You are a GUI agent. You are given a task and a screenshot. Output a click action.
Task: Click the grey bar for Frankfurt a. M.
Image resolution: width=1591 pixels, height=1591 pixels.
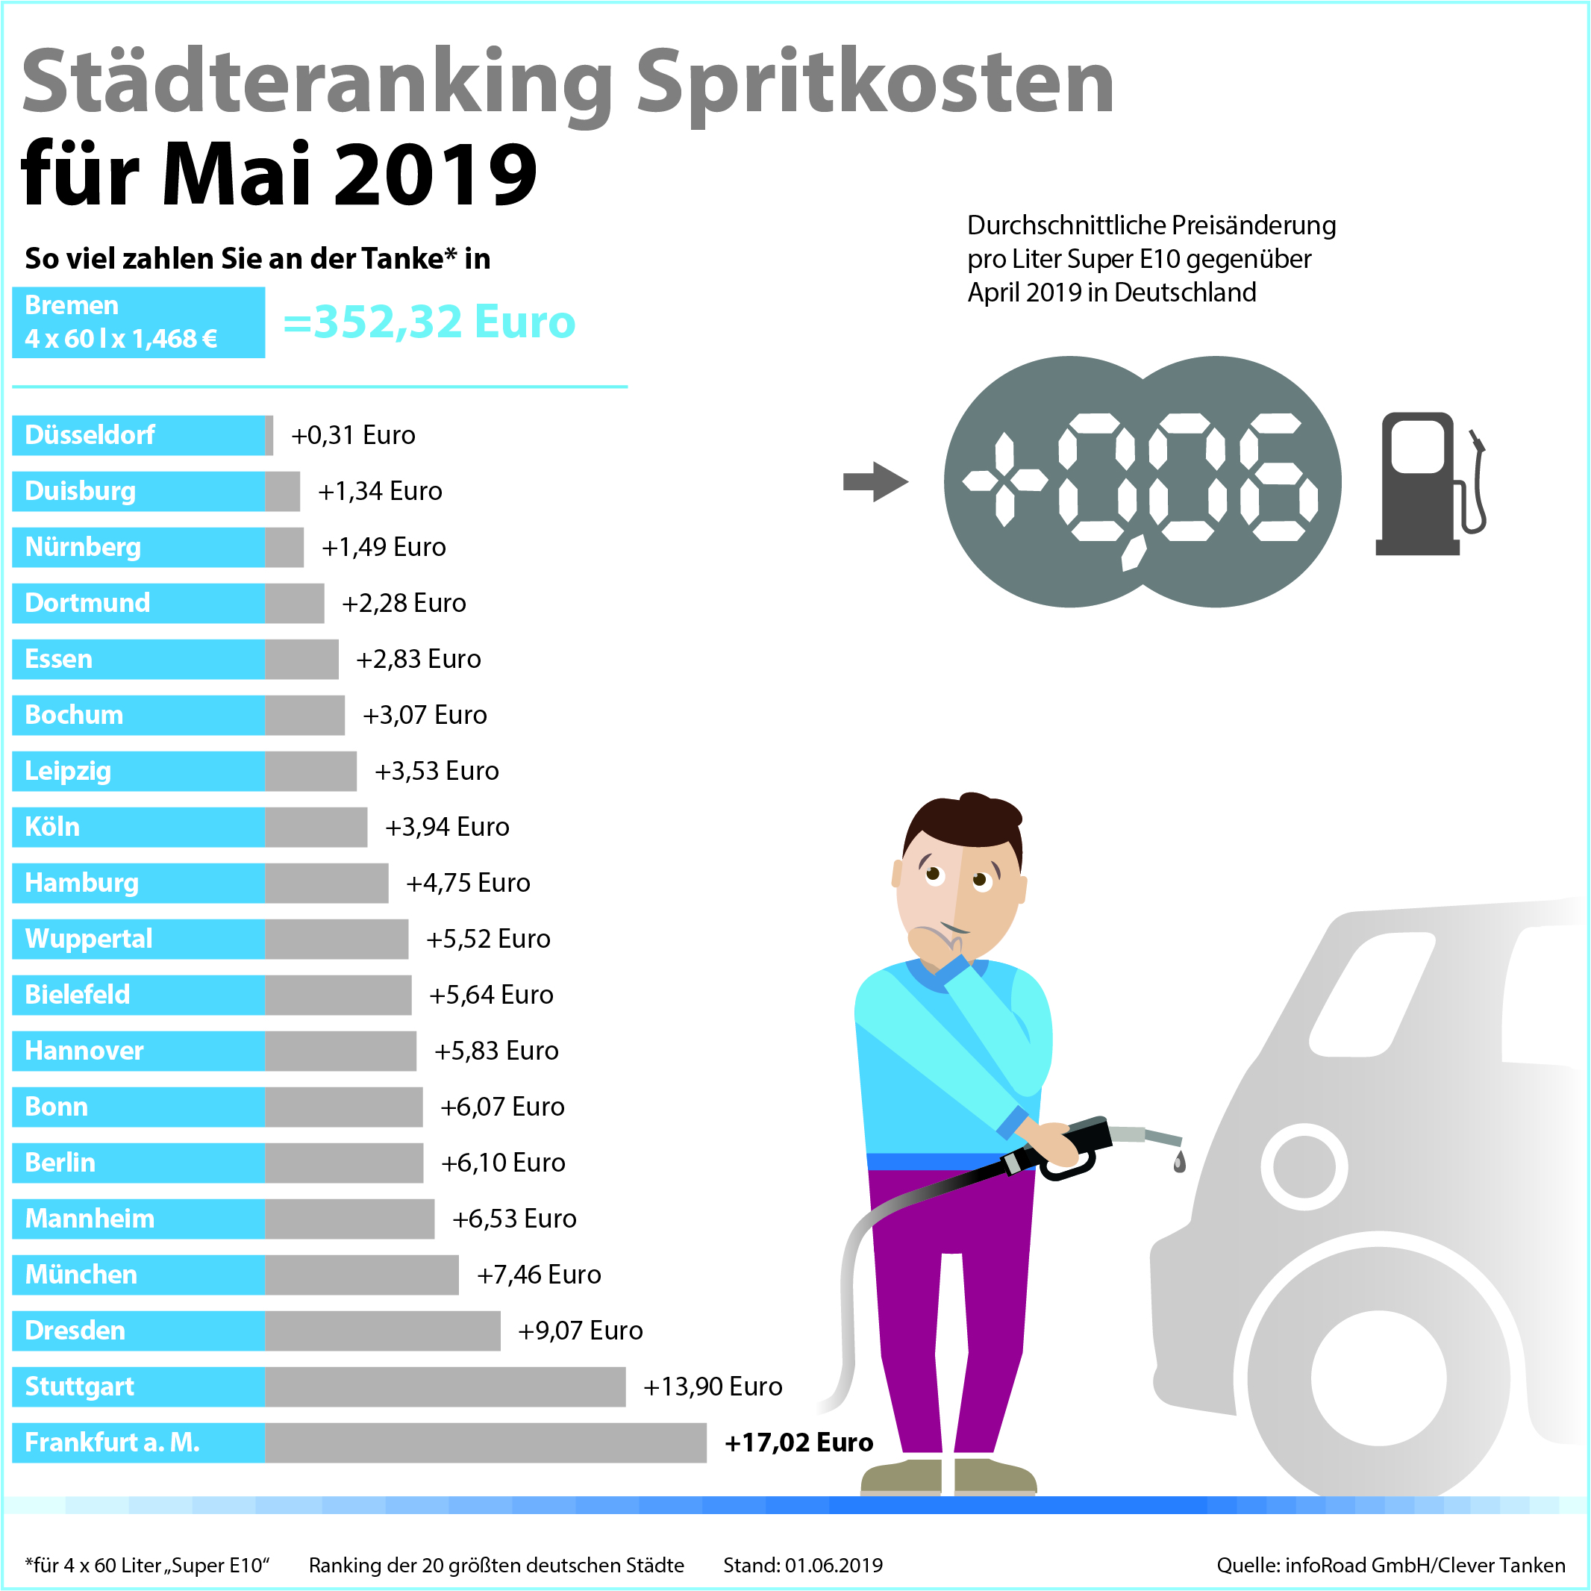pos(485,1442)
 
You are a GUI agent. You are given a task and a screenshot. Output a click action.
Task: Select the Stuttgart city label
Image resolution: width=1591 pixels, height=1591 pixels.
pos(80,1386)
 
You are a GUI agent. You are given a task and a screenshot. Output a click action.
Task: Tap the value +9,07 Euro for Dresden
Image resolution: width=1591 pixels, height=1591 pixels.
pos(580,1330)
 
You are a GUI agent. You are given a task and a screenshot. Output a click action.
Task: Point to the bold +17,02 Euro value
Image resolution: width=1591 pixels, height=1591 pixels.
pos(798,1442)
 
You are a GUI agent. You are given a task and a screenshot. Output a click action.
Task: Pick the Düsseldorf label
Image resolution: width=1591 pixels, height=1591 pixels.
pos(90,435)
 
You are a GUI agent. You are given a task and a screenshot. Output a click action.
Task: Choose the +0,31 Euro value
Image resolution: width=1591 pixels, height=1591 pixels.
pos(353,435)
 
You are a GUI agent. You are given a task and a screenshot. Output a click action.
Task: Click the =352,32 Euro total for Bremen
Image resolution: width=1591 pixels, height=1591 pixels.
pos(429,321)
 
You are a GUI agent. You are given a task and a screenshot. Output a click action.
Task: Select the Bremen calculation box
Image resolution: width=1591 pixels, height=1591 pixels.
pos(138,322)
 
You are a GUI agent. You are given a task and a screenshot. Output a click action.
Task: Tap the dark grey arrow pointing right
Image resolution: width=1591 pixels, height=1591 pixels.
pos(875,482)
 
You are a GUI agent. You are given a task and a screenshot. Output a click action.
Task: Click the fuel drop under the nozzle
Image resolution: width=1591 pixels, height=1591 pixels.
pos(1179,1162)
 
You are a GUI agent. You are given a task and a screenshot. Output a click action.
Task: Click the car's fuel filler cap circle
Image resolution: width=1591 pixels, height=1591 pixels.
pos(1304,1166)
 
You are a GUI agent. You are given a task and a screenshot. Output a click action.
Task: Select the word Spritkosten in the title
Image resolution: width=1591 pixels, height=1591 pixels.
pos(875,82)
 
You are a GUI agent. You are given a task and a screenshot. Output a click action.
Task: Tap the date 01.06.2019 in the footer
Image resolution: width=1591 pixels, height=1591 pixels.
pos(834,1565)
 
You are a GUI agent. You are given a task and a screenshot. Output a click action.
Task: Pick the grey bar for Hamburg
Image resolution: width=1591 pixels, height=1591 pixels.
pos(327,883)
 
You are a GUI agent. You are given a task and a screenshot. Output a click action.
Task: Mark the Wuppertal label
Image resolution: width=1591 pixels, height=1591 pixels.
pos(89,939)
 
